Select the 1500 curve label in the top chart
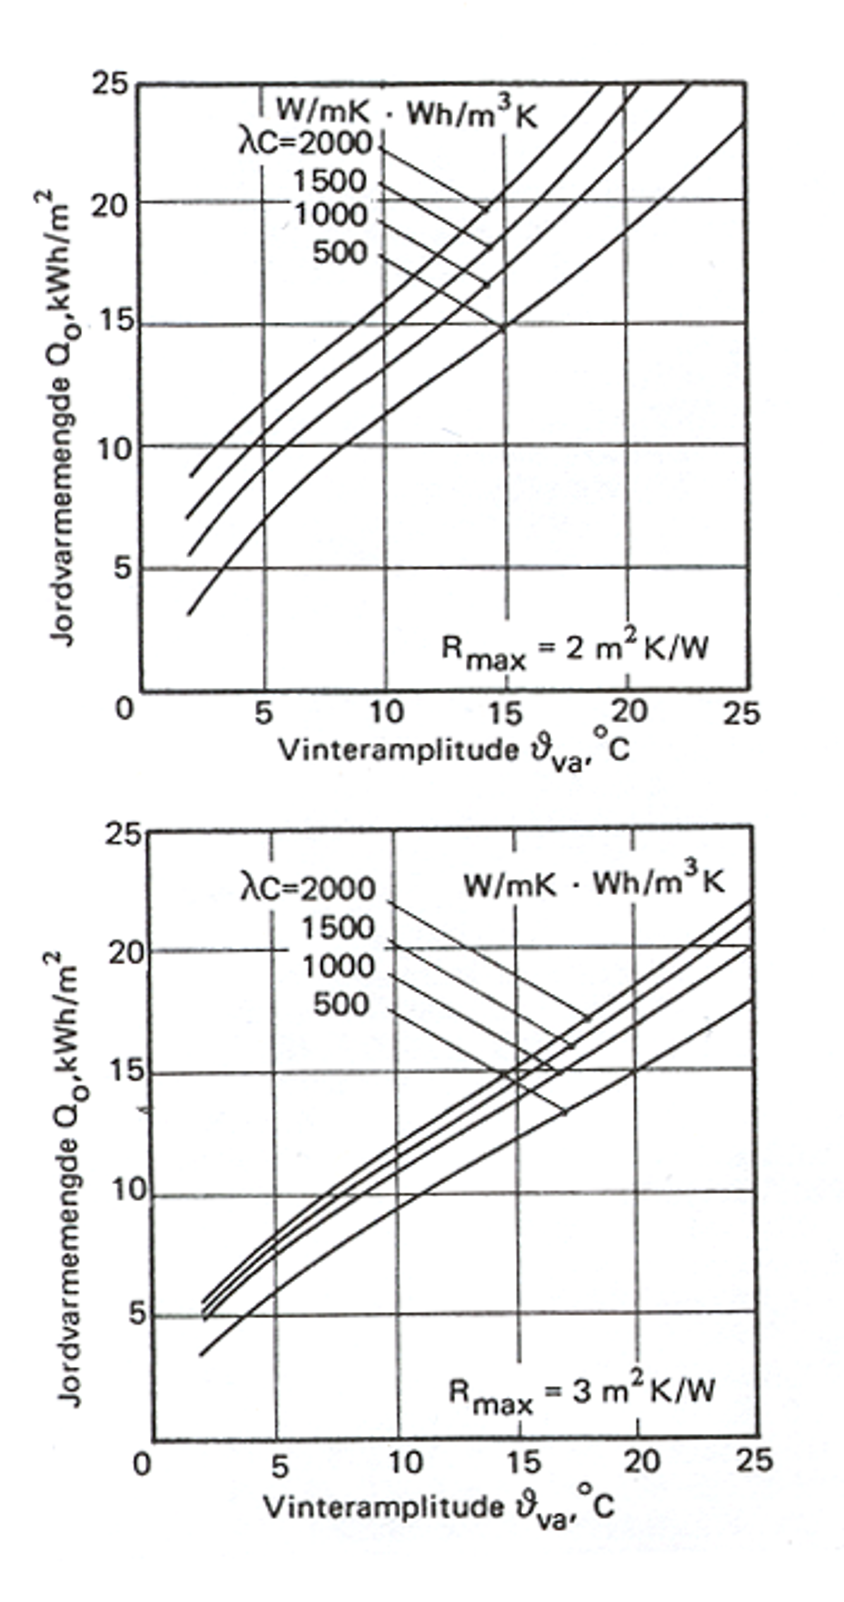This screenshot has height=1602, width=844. (x=330, y=182)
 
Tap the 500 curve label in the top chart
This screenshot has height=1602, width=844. (x=340, y=253)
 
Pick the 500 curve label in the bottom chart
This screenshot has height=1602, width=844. (x=341, y=1004)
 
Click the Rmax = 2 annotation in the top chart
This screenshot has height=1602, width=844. (x=574, y=650)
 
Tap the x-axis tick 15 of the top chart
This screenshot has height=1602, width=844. (x=505, y=713)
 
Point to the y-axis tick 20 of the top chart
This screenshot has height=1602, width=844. (x=110, y=205)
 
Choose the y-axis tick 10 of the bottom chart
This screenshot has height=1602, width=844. (x=128, y=1189)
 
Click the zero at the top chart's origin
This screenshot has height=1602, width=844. (x=124, y=708)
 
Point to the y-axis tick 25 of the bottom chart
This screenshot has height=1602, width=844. (x=123, y=834)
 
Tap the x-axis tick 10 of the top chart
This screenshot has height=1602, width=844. (x=386, y=712)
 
